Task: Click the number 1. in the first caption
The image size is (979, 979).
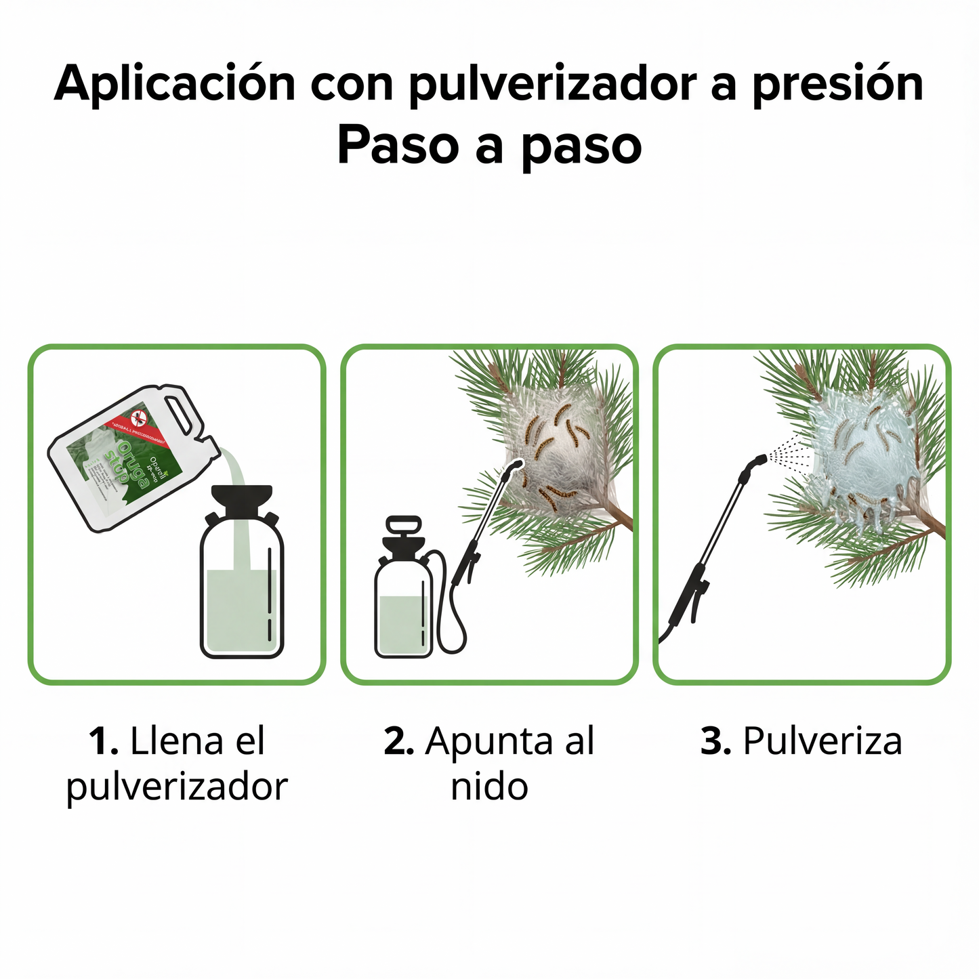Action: (x=104, y=741)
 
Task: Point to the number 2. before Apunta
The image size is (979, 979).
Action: (x=398, y=741)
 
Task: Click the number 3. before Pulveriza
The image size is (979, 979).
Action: (x=715, y=741)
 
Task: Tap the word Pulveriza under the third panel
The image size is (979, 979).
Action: (x=822, y=741)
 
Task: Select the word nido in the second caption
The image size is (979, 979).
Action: (x=489, y=787)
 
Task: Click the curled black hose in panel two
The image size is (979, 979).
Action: (x=452, y=610)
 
